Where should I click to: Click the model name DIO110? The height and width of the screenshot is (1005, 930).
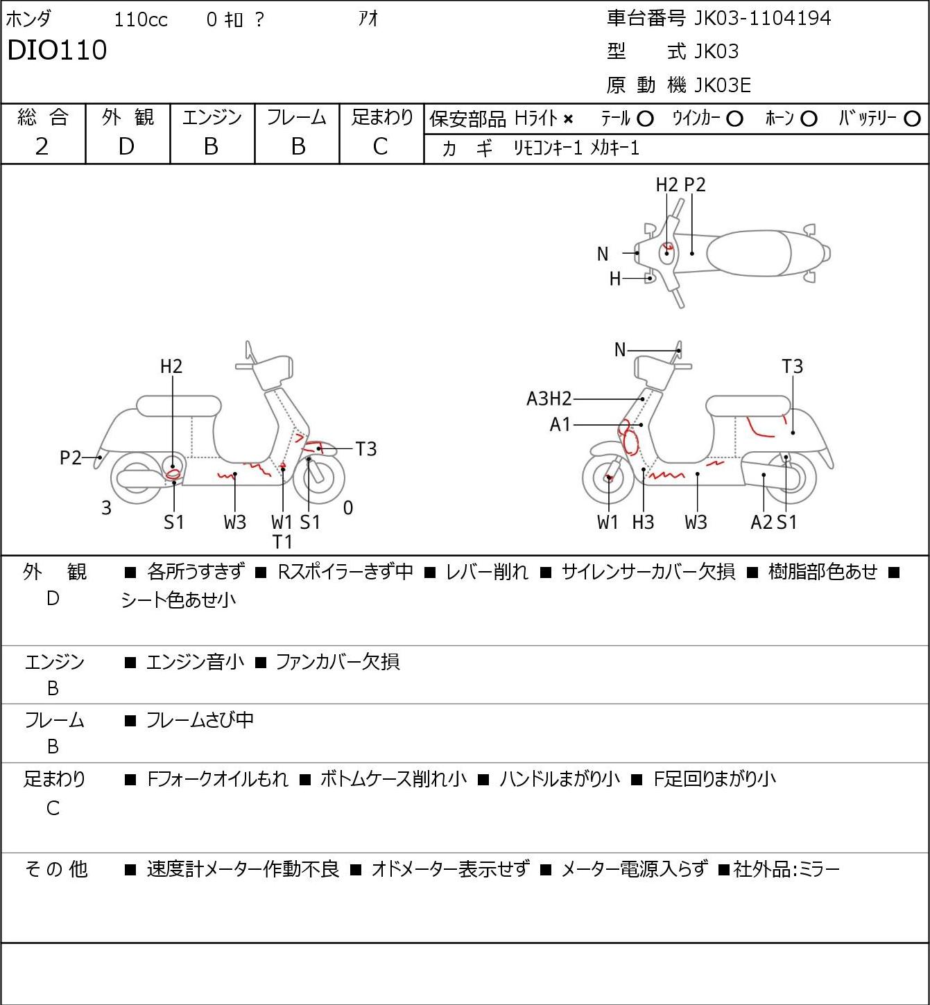tap(57, 50)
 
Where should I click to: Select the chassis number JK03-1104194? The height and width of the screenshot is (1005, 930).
tap(762, 19)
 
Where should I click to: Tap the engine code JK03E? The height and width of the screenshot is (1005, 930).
tap(723, 85)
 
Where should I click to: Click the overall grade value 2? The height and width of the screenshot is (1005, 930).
tap(42, 146)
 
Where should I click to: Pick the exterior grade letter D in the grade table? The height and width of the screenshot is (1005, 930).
tap(126, 146)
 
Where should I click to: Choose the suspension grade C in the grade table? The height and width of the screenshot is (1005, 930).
tap(381, 146)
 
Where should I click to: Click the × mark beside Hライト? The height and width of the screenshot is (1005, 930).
tap(569, 119)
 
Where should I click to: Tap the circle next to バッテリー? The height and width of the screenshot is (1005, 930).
tap(912, 119)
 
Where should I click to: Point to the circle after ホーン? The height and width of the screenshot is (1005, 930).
tap(809, 119)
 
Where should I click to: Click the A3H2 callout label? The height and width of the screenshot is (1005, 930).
tap(549, 399)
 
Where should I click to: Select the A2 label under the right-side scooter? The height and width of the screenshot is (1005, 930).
tap(761, 522)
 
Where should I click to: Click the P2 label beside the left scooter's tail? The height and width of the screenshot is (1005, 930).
tap(71, 457)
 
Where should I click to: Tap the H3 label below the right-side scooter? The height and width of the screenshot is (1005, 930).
tap(643, 522)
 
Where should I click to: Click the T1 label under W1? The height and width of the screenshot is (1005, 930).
tap(282, 542)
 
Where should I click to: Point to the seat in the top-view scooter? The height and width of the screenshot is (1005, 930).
tap(748, 253)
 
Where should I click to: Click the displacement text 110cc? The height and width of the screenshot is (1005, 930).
tap(140, 19)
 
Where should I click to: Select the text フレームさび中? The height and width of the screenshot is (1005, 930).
tap(200, 719)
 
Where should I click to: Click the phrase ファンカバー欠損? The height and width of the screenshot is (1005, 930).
tap(337, 661)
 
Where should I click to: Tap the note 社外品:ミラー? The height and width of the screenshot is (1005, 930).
tap(786, 869)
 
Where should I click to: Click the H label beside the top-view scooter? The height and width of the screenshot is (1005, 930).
tap(615, 279)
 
